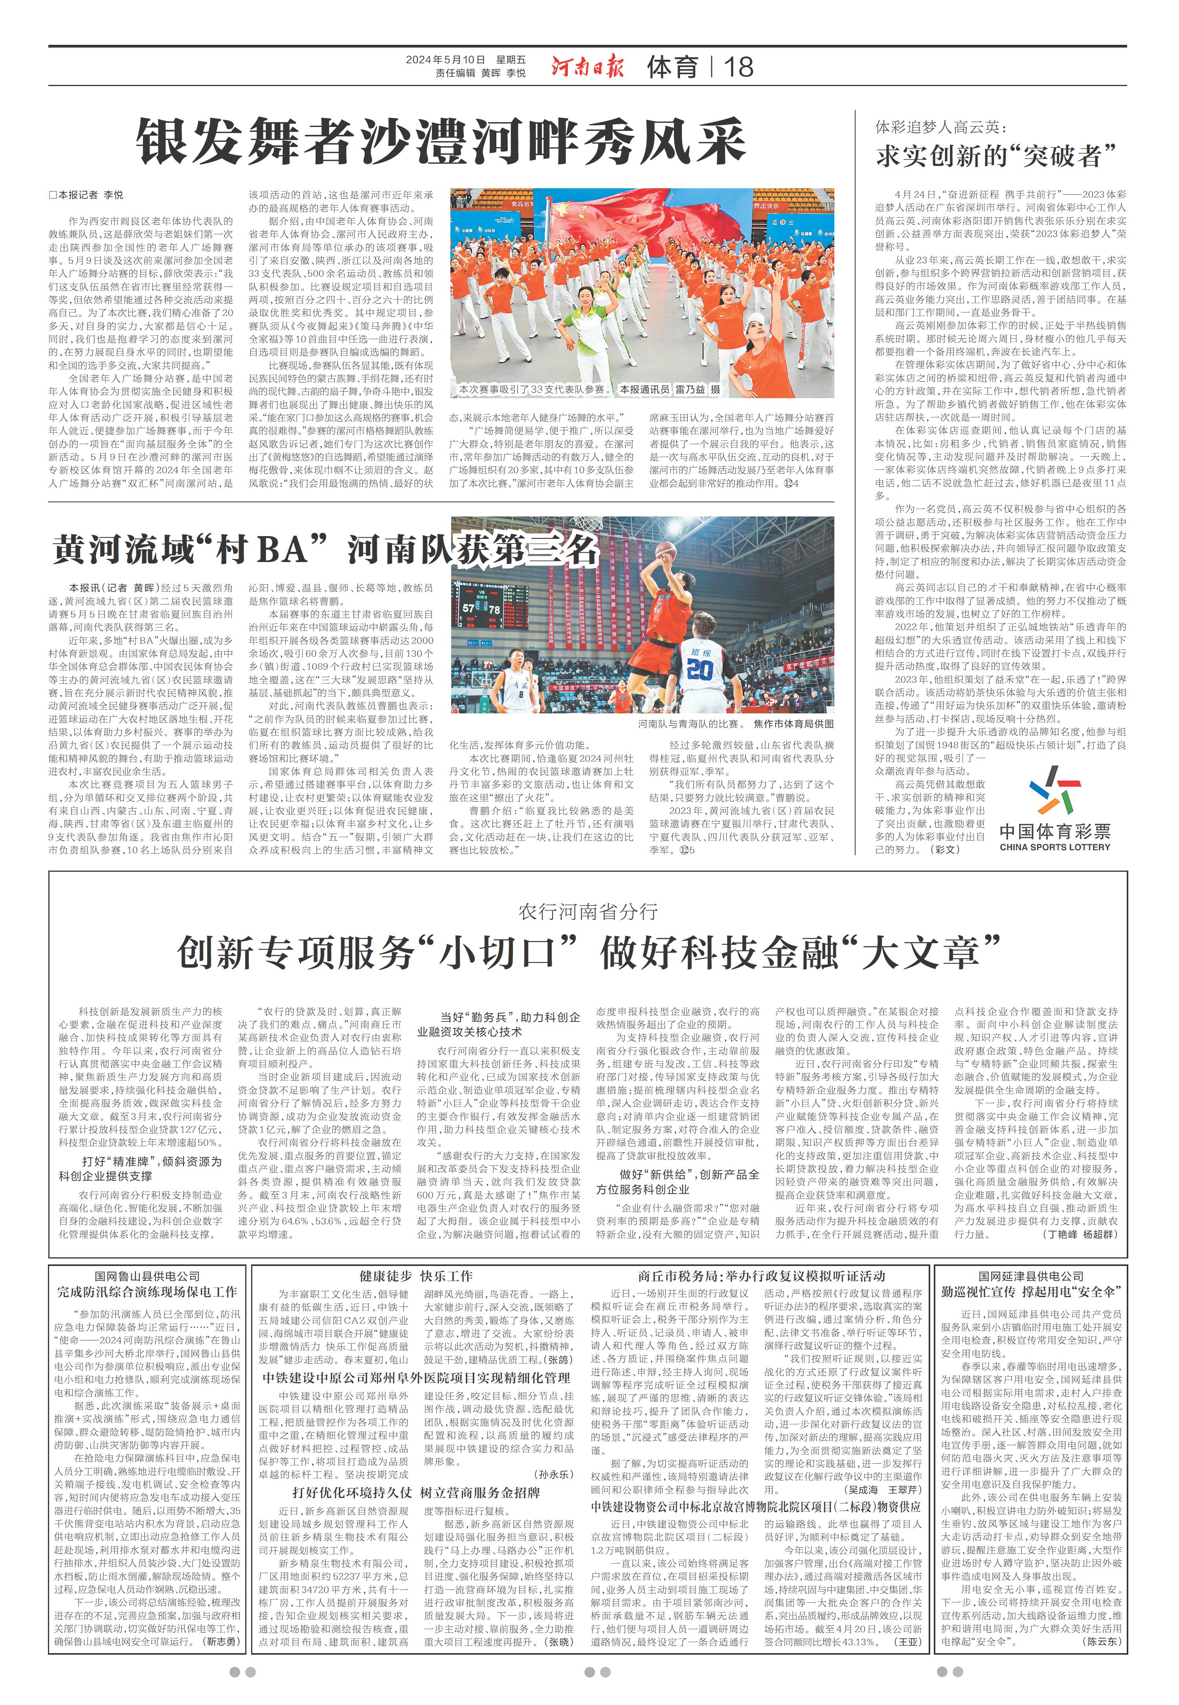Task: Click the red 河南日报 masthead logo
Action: [x=587, y=66]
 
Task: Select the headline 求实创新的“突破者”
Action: [x=996, y=156]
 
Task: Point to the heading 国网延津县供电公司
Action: [x=1031, y=1276]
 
